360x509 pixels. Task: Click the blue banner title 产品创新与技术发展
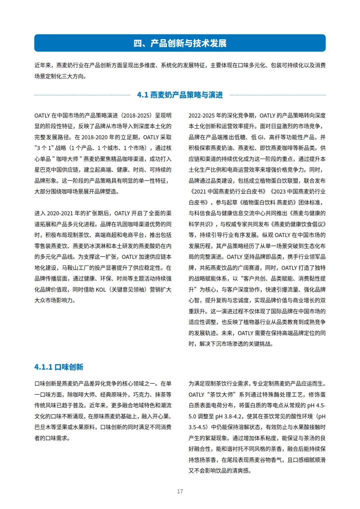[x=188, y=43]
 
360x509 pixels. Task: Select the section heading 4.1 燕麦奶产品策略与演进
[x=180, y=95]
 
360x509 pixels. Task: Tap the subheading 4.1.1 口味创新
[x=59, y=367]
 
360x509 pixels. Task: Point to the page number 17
[x=180, y=491]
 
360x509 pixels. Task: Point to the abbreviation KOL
[x=101, y=289]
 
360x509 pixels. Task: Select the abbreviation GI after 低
[x=261, y=137]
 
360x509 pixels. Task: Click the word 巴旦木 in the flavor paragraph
[x=43, y=427]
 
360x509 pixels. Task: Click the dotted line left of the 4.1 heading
[x=82, y=95]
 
